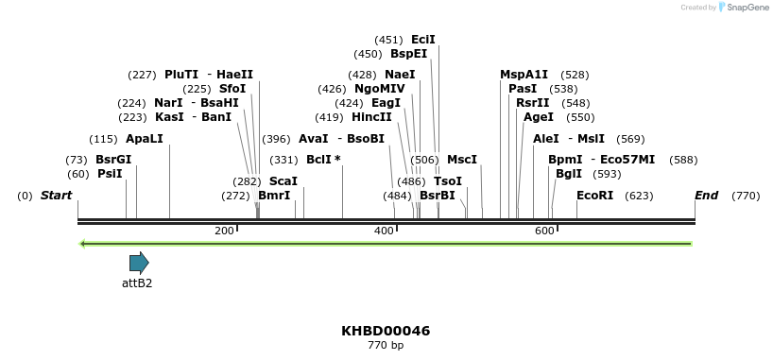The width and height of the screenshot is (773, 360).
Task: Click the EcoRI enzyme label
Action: (x=594, y=196)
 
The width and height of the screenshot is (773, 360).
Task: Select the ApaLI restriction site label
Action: (x=144, y=139)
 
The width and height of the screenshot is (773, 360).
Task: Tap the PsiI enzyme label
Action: (x=110, y=174)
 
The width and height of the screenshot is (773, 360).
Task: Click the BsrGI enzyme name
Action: (x=113, y=160)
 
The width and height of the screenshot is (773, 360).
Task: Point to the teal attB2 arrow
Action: (x=139, y=263)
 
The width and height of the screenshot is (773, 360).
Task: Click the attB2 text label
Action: (x=137, y=283)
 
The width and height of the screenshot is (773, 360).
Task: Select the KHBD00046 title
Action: (x=386, y=331)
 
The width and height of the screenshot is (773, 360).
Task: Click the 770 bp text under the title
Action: (x=386, y=346)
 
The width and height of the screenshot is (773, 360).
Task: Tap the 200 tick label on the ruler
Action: (x=224, y=231)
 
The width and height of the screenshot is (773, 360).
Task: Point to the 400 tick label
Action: (x=384, y=231)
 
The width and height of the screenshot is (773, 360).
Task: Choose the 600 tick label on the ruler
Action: (x=544, y=231)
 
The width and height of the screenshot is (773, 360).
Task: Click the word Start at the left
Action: (x=56, y=196)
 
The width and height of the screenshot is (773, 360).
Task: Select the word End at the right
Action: (x=706, y=196)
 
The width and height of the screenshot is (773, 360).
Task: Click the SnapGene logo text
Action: (x=747, y=8)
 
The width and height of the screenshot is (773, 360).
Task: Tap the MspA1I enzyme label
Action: (x=524, y=75)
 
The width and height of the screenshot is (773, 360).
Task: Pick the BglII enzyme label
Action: (x=569, y=174)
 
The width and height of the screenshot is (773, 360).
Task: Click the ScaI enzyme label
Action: (x=283, y=181)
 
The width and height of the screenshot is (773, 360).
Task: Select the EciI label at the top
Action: (x=423, y=40)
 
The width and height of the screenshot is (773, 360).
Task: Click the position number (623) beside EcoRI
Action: (x=639, y=196)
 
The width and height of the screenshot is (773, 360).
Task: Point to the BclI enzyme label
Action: (x=323, y=160)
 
